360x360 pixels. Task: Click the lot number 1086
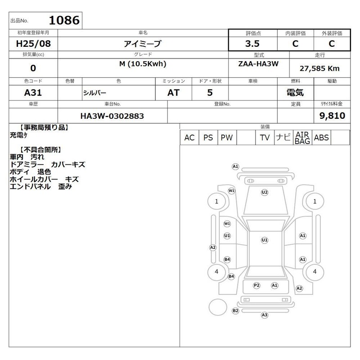point(64,20)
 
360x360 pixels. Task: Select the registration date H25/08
point(33,44)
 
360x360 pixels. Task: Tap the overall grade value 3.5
point(252,44)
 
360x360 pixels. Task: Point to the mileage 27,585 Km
point(319,68)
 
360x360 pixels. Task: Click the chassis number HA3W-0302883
point(112,116)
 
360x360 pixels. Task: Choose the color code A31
point(33,93)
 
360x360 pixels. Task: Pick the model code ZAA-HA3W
point(258,63)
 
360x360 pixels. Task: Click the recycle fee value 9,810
point(332,116)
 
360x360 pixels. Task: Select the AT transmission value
point(173,93)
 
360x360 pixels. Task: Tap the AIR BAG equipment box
point(302,138)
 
